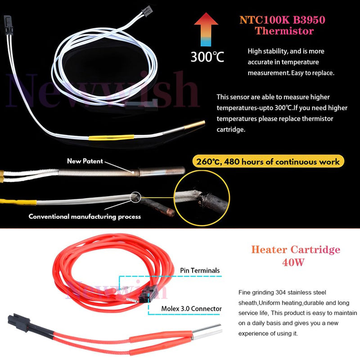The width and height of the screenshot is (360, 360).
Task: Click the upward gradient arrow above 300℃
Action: click(x=206, y=29)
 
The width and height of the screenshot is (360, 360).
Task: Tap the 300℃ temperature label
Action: click(x=207, y=57)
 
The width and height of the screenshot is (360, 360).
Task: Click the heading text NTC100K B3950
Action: click(x=282, y=20)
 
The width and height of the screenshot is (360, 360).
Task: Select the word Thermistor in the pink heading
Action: click(x=284, y=31)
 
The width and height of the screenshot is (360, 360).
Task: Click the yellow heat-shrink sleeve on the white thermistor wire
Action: click(x=111, y=137)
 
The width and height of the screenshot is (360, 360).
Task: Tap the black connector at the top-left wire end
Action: click(x=8, y=25)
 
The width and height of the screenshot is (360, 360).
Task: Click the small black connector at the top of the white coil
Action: click(x=147, y=9)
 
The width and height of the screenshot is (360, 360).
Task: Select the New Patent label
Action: click(x=85, y=161)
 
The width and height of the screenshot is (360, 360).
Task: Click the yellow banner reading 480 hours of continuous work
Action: click(x=268, y=162)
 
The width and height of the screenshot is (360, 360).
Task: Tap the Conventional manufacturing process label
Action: click(x=85, y=216)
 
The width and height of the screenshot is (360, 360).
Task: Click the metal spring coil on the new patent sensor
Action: click(x=99, y=173)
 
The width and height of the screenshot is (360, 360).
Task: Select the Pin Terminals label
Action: click(x=200, y=270)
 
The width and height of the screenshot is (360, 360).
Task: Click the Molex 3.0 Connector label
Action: click(x=192, y=309)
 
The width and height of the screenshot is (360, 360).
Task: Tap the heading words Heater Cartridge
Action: click(x=296, y=250)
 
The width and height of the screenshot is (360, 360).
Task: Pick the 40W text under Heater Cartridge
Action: click(x=293, y=262)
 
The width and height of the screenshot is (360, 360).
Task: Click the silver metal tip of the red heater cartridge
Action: click(x=207, y=332)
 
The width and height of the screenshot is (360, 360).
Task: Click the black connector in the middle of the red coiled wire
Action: click(x=148, y=294)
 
